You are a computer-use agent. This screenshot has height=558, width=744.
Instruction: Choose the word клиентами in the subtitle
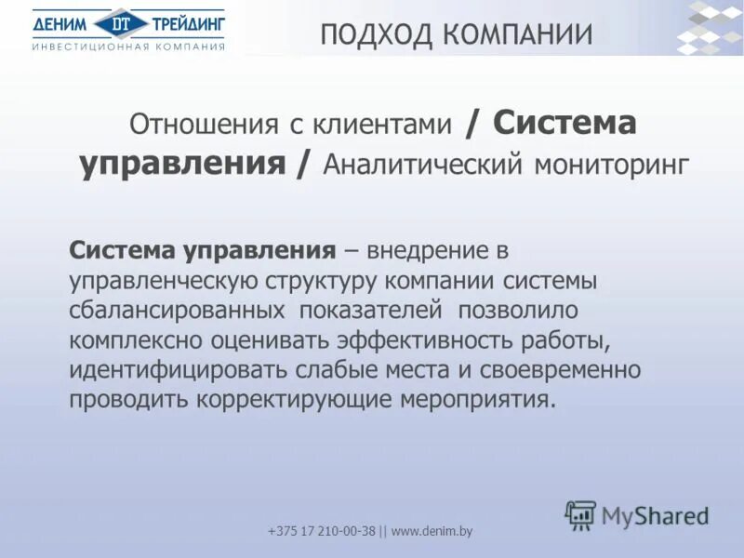(x=384, y=125)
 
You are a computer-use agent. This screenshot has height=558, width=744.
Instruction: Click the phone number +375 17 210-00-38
(x=322, y=531)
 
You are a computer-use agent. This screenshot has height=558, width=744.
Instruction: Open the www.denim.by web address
(x=432, y=531)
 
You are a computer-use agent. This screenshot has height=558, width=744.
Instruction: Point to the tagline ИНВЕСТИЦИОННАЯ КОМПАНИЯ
(x=128, y=46)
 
